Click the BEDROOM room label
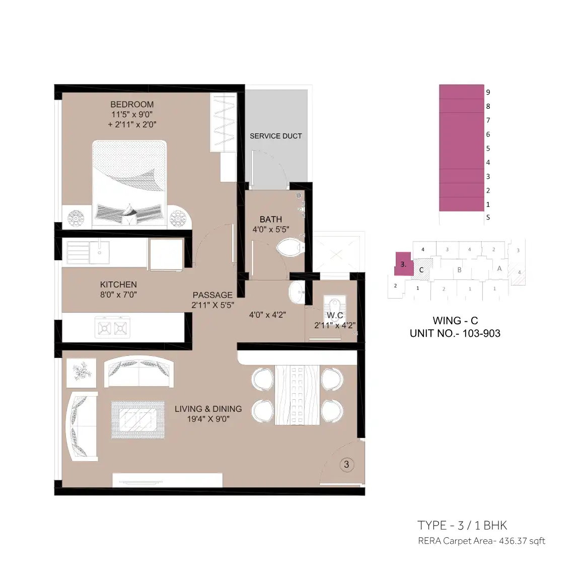coord(132,105)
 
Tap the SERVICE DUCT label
coord(275,136)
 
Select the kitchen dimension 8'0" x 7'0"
coord(118,295)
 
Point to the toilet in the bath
coord(291,247)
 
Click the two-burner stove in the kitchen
coord(112,327)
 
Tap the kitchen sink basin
coord(99,252)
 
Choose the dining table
coord(297,395)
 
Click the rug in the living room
coord(138,420)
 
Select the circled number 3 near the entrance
coord(346,464)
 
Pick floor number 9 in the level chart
coord(488,93)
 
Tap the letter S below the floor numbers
coord(488,217)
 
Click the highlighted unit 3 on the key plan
coord(403,264)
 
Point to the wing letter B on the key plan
coord(459,270)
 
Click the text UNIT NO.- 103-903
coord(455,333)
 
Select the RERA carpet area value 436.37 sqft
coord(522,541)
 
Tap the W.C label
coord(335,316)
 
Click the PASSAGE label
coord(212,295)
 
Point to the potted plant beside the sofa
coord(82,373)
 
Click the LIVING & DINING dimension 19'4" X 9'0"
coord(208,419)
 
